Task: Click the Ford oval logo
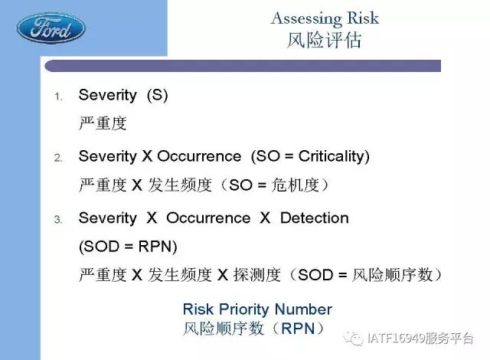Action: coord(51,28)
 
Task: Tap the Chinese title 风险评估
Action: coord(325,40)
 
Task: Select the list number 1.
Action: coord(58,97)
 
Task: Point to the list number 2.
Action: coord(58,158)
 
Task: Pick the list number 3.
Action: coord(58,219)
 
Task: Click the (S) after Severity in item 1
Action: coord(157,95)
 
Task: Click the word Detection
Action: coord(315,218)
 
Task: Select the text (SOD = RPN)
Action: coord(128,247)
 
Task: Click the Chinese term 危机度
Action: coord(295,185)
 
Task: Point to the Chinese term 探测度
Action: coord(257,275)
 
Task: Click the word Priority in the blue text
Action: coord(244,309)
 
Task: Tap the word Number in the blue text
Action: coord(303,309)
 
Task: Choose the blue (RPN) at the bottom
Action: coord(298,329)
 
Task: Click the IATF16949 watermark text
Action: coord(420,338)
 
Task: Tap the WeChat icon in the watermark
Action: coord(354,338)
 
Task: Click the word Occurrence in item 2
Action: coord(199,156)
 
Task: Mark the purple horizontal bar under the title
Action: coord(243,66)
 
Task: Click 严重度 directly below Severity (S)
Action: coord(103,123)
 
